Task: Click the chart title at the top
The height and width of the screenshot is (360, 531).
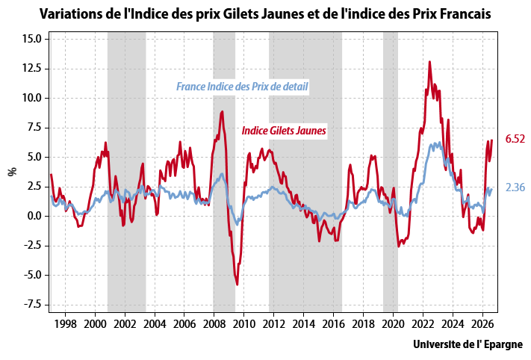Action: pyautogui.click(x=265, y=14)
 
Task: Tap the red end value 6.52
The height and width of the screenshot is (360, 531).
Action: pyautogui.click(x=515, y=138)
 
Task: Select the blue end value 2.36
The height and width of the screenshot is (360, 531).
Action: pyautogui.click(x=515, y=187)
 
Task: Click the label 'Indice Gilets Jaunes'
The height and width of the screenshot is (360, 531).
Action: pyautogui.click(x=284, y=131)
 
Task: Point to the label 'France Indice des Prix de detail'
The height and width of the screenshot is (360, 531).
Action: pyautogui.click(x=242, y=87)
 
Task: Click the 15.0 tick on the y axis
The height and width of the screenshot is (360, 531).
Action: pyautogui.click(x=32, y=39)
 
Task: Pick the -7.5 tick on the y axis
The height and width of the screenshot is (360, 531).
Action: pyautogui.click(x=32, y=305)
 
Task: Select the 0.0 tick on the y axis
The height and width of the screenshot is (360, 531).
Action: pyautogui.click(x=34, y=216)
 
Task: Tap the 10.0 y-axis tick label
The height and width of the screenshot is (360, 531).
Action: pyautogui.click(x=32, y=98)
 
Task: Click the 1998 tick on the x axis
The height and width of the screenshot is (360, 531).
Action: pyautogui.click(x=65, y=324)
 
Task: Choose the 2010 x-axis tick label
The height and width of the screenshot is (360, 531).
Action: pyautogui.click(x=243, y=324)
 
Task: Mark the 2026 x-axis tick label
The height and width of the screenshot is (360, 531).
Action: pyautogui.click(x=482, y=324)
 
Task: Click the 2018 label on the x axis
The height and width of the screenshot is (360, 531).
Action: pyautogui.click(x=363, y=324)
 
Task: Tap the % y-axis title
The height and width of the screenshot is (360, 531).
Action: pyautogui.click(x=13, y=172)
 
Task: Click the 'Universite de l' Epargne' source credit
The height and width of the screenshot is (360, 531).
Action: pyautogui.click(x=468, y=345)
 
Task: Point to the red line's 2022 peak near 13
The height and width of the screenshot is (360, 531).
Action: pyautogui.click(x=429, y=62)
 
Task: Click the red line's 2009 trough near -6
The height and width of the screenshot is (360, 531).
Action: pyautogui.click(x=237, y=284)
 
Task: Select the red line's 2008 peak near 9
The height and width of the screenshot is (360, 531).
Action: pyautogui.click(x=222, y=111)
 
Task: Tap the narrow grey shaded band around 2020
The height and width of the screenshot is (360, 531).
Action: pyautogui.click(x=391, y=172)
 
